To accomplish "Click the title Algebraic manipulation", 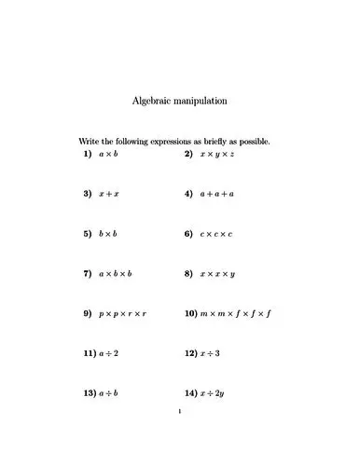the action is point(180,100).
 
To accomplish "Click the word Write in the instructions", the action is point(89,141).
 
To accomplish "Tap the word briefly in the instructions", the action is point(209,141).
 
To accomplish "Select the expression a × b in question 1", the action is point(108,153).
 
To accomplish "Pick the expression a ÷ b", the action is point(108,393).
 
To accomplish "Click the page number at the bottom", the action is point(180,410).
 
